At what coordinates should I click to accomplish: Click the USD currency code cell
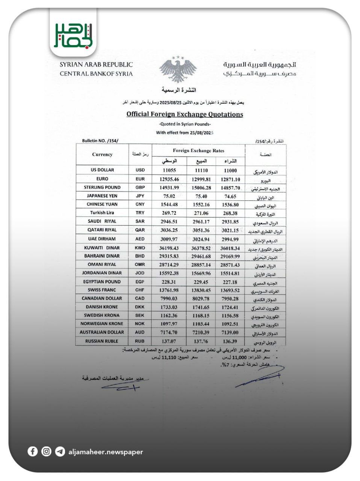coord(140,170)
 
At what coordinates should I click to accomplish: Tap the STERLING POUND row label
coord(102,187)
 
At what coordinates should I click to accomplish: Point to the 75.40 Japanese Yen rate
coord(201,196)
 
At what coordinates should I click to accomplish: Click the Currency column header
coord(102,154)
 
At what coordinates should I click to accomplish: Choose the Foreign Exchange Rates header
coord(198,150)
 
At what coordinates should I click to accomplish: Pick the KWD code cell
coord(140,248)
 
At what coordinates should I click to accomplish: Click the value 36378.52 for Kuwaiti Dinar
coord(201,248)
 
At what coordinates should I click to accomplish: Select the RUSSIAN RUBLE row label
coord(102,341)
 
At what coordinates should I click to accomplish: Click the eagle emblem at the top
coord(178,70)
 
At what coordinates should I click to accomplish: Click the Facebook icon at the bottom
coord(33,451)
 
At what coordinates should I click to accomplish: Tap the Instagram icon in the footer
coord(46,451)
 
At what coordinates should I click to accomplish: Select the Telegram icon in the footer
coord(60,451)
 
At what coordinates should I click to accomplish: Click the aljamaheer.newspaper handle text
coord(106,452)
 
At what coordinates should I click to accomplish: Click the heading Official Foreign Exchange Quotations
coord(185,114)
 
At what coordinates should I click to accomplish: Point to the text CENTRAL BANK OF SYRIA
coord(96,74)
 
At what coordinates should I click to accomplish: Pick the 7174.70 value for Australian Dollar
coord(169,333)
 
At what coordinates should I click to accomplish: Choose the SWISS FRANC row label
coord(102,290)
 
